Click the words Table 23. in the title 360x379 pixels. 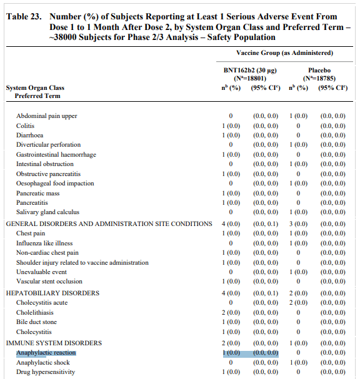[x=24, y=17]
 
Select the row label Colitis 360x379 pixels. [x=26, y=126]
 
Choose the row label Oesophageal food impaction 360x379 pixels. [x=55, y=184]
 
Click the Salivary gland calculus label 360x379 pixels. [x=47, y=212]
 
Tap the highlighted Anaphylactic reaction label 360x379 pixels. [x=46, y=353]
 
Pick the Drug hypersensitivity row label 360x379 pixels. [x=46, y=372]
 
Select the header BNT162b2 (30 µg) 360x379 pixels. [x=250, y=71]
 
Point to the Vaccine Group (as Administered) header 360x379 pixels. [x=284, y=53]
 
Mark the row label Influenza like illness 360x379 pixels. [x=44, y=243]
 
